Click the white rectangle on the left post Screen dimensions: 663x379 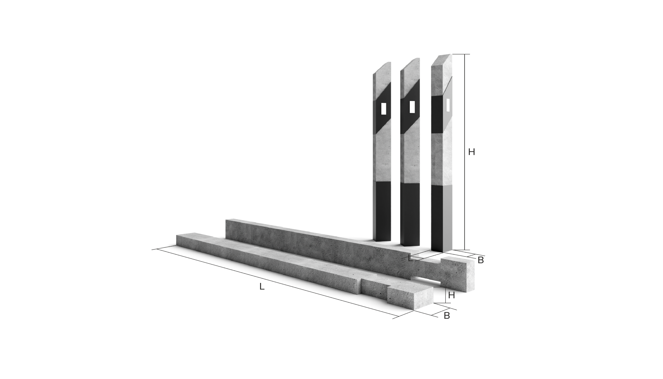pos(384,109)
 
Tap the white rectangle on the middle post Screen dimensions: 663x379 pos(412,107)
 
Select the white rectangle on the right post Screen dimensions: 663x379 pos(448,105)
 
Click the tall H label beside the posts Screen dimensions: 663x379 pos(472,152)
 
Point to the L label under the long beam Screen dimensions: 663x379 pos(262,287)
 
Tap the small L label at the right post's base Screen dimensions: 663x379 pos(410,259)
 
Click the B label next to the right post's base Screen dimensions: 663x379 pos(481,260)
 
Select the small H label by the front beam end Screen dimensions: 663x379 pos(452,295)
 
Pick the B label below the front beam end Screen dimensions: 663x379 pos(447,316)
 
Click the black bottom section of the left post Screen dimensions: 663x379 pos(382,211)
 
